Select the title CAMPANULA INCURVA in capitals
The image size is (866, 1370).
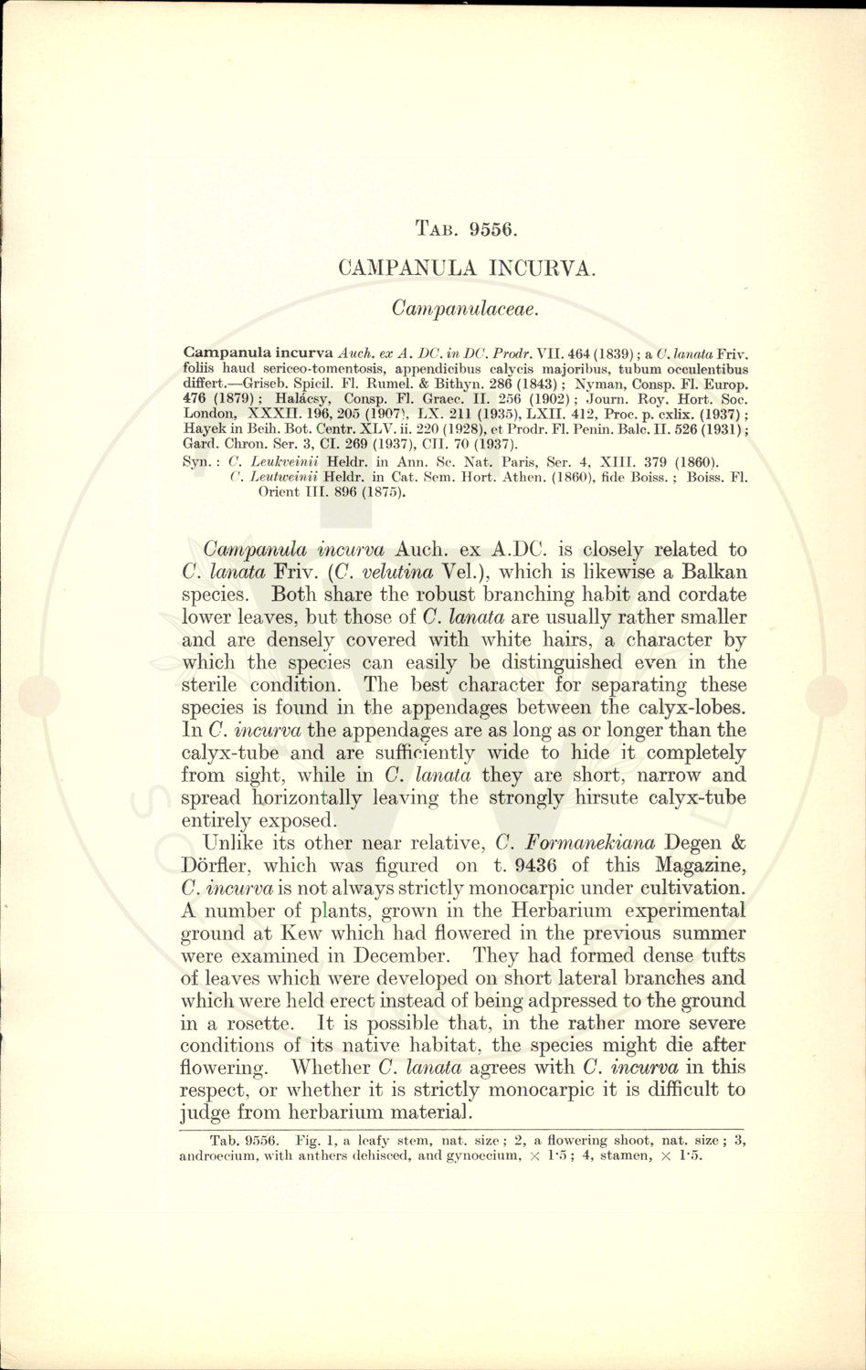(x=466, y=269)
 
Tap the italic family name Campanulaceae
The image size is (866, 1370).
(x=466, y=309)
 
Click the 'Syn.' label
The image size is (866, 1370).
(x=197, y=461)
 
